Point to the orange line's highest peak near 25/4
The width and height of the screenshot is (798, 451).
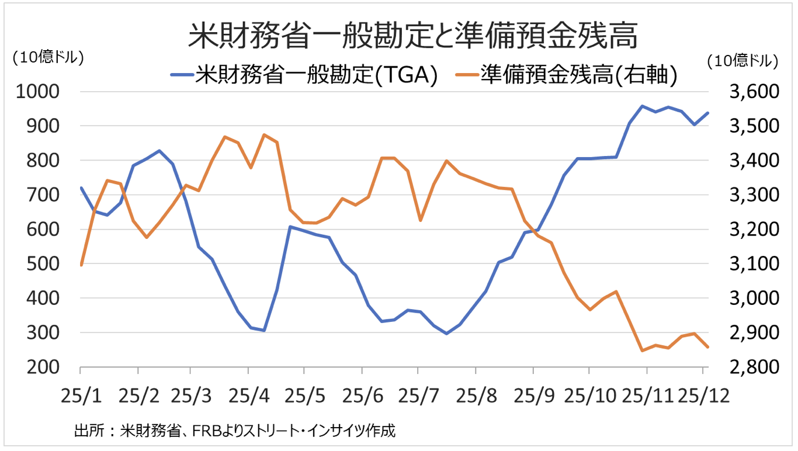(x=264, y=134)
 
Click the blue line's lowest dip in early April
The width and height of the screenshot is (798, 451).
(x=264, y=331)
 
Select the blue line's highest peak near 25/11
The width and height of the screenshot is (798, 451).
(x=641, y=106)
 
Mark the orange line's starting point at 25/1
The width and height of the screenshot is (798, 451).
(x=81, y=265)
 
